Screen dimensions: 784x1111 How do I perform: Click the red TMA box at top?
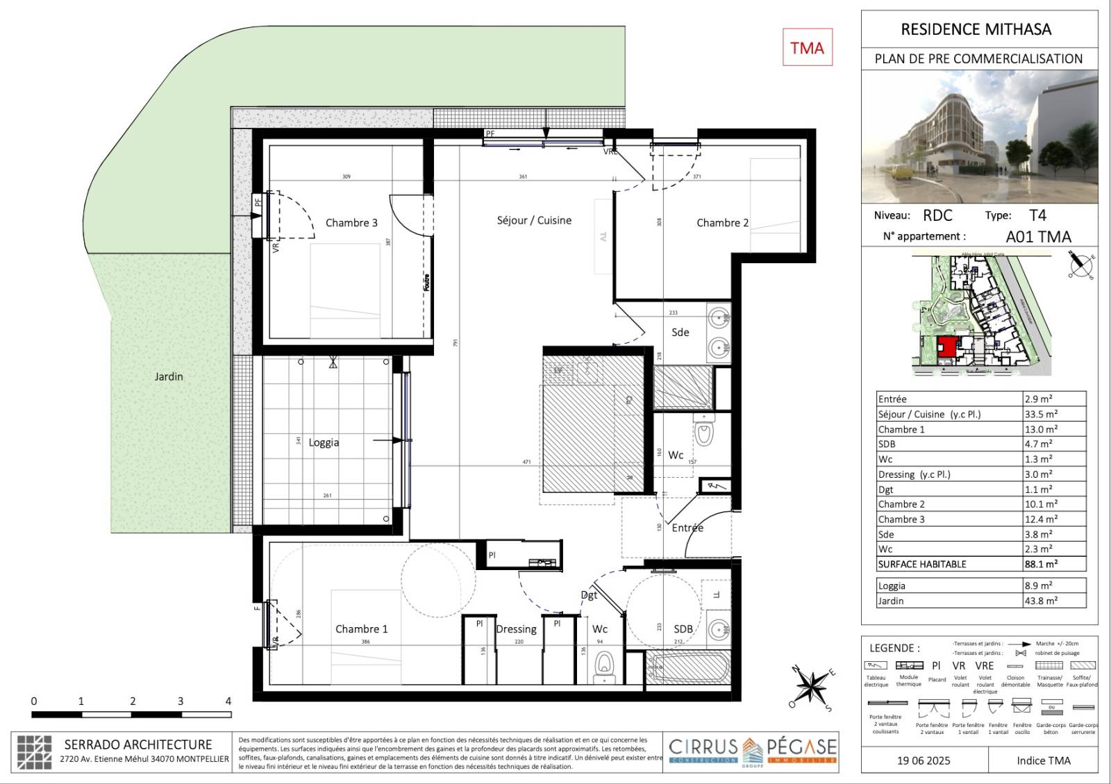pos(807,47)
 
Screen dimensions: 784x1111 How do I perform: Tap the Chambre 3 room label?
pos(351,223)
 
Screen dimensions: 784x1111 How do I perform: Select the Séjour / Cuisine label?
pos(534,220)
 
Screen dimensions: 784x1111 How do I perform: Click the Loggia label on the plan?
pos(324,442)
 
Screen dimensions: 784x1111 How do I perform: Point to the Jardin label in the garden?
pos(169,376)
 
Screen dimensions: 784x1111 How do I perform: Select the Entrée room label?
pos(687,528)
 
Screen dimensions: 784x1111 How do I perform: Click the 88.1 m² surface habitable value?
pos(1041,564)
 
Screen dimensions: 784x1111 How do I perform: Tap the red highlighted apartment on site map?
pos(946,347)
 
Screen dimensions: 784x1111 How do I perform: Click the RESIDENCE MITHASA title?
pos(976,29)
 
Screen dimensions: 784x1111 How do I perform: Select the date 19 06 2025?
pos(924,760)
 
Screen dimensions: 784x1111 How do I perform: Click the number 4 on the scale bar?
pos(228,701)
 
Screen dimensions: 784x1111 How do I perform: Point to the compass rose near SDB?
pos(810,687)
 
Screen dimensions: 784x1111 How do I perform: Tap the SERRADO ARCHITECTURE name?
pos(138,744)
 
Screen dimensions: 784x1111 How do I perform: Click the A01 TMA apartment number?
pos(1038,237)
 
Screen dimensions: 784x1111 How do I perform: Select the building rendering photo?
pos(980,137)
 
